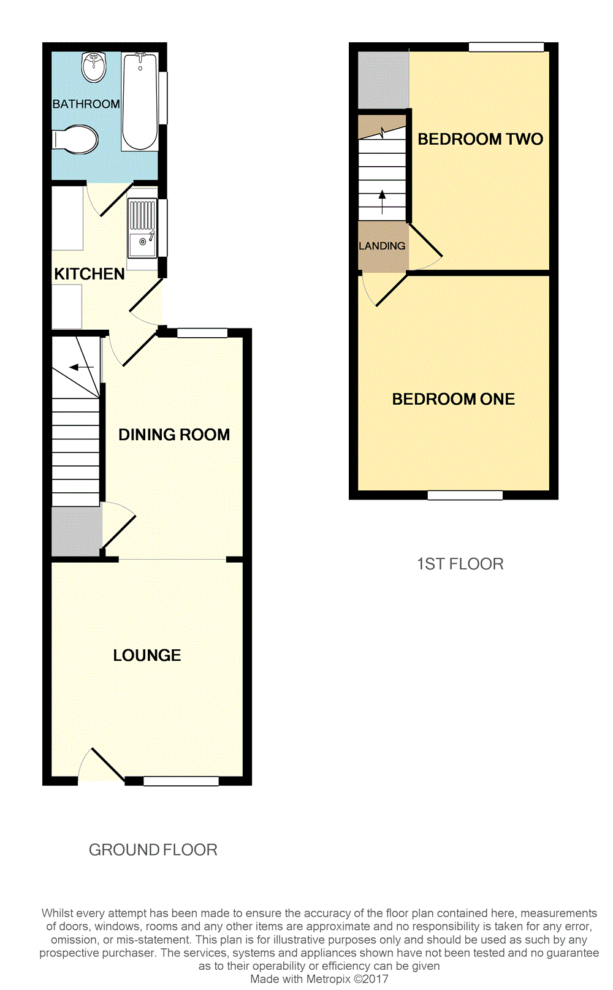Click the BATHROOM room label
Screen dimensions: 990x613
click(86, 104)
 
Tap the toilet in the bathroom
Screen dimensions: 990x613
click(78, 140)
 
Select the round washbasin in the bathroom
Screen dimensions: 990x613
click(94, 66)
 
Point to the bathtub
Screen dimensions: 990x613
click(140, 101)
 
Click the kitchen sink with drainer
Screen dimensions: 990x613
click(142, 228)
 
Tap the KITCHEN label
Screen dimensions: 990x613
click(89, 274)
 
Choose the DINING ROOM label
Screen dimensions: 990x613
click(174, 435)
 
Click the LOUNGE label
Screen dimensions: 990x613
click(147, 655)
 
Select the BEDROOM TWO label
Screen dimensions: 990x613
click(480, 139)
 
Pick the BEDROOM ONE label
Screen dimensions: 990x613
click(453, 399)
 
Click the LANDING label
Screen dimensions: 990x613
click(382, 246)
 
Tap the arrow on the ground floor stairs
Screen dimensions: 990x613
click(81, 367)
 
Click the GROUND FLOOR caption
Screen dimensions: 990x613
click(153, 850)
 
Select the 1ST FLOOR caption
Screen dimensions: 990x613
click(460, 564)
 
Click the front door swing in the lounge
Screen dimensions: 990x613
click(101, 765)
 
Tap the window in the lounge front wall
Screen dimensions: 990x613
click(181, 781)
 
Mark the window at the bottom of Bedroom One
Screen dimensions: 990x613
click(465, 495)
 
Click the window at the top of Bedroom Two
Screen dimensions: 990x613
click(506, 47)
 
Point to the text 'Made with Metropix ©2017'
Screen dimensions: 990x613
click(319, 979)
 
